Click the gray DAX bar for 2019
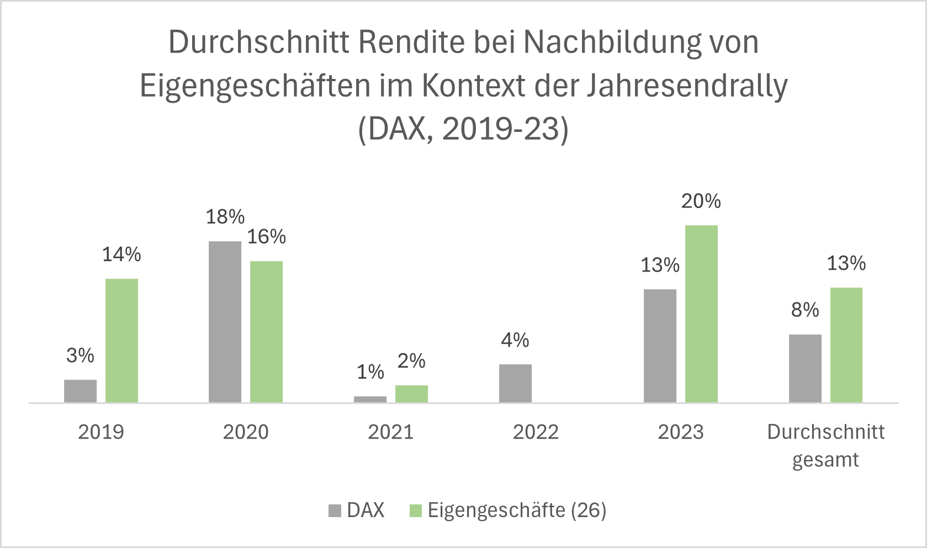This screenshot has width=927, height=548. coord(80,391)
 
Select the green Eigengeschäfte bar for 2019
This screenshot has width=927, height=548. coord(121,340)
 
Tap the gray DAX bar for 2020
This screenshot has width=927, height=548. coord(225,322)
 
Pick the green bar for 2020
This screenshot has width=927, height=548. coord(266,332)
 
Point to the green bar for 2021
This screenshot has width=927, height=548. coord(411,393)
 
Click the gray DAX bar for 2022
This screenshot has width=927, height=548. coord(515,383)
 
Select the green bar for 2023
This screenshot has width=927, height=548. coord(701,313)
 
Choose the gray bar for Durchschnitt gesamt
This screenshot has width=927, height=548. coord(805,368)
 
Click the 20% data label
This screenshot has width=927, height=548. coord(701,201)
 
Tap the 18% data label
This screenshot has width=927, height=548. coord(225,217)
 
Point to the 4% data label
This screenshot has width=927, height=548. coord(515,340)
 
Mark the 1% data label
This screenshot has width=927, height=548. coord(370,372)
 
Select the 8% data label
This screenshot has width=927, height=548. coord(804,310)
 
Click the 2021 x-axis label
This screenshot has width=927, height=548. coord(390,432)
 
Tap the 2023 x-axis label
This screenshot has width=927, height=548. coord(680,432)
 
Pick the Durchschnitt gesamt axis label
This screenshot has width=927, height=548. coord(825,445)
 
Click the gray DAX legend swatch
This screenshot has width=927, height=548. coord(335,511)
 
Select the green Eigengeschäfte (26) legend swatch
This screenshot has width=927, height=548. coord(415,511)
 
